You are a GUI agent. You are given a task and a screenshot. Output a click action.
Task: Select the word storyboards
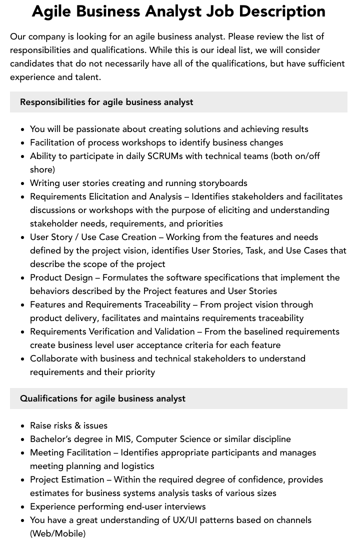click(222, 183)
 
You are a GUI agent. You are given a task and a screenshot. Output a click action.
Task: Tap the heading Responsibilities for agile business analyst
click(106, 102)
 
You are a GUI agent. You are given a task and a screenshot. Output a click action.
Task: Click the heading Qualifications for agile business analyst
click(102, 398)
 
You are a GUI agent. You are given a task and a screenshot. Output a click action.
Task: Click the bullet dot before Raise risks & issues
click(23, 426)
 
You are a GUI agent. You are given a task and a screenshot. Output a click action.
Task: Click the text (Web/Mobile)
click(57, 533)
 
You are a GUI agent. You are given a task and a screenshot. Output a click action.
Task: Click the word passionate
click(97, 129)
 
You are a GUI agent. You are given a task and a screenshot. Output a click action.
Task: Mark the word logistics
click(137, 466)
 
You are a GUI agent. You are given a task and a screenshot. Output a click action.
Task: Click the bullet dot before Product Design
click(23, 278)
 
